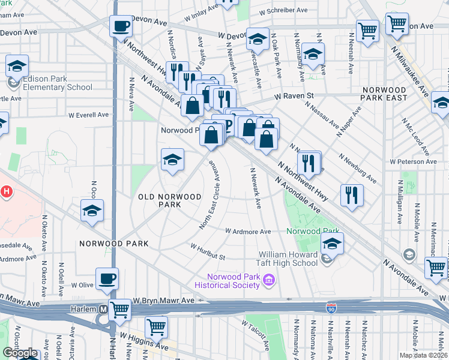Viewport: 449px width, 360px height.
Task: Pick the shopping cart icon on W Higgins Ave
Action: click(x=156, y=328)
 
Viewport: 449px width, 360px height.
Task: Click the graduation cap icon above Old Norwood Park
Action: click(x=172, y=160)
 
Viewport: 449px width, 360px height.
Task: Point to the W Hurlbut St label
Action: click(x=208, y=251)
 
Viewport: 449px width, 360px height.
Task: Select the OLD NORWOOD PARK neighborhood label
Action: click(x=160, y=200)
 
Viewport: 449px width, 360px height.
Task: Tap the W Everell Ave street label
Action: click(x=88, y=115)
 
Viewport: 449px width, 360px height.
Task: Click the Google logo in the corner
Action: click(x=20, y=353)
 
